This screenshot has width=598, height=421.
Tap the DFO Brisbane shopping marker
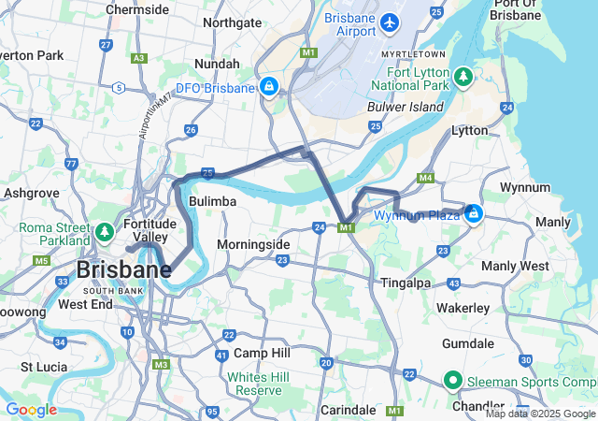pyautogui.click(x=269, y=88)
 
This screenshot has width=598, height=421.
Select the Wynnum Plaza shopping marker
pyautogui.click(x=474, y=214)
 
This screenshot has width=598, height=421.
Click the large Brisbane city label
pyautogui.click(x=123, y=270)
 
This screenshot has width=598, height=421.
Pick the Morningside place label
pyautogui.click(x=253, y=244)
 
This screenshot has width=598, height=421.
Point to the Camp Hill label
pyautogui.click(x=263, y=353)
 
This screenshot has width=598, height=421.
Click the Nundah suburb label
pyautogui.click(x=216, y=64)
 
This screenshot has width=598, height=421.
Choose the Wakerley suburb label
pyautogui.click(x=463, y=308)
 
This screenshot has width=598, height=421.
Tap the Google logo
pyautogui.click(x=31, y=410)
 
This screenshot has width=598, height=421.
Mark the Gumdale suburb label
pyautogui.click(x=474, y=343)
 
